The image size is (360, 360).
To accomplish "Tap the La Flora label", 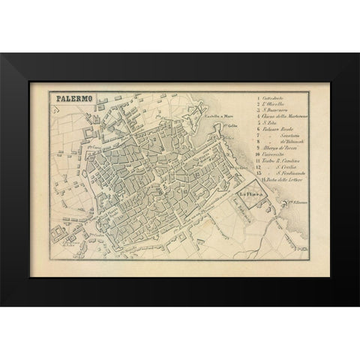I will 247,197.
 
